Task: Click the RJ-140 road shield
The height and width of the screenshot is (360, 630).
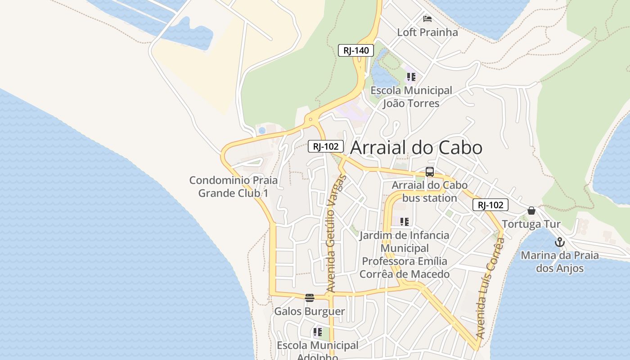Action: (355, 50)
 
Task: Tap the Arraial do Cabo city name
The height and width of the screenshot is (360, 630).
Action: (416, 148)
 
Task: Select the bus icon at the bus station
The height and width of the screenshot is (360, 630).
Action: (429, 171)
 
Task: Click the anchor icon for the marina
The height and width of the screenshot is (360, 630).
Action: (559, 242)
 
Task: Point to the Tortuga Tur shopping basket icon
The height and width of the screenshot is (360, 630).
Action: (531, 211)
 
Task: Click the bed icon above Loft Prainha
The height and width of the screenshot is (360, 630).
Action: (427, 19)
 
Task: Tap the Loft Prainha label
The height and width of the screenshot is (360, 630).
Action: (427, 32)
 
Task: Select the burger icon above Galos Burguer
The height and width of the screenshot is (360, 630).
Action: (309, 297)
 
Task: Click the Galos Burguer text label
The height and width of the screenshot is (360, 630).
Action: (309, 311)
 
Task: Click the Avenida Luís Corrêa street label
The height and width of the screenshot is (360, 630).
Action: (490, 288)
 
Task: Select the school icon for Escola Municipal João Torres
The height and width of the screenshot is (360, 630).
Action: (411, 77)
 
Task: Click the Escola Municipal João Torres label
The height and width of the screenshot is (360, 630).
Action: (411, 97)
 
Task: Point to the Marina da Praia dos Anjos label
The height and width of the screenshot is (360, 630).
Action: (559, 262)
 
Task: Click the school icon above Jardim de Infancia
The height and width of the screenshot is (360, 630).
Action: (404, 221)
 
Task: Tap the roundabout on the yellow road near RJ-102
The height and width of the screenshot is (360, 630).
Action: (310, 120)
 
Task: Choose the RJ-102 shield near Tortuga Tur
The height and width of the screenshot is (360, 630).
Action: (490, 205)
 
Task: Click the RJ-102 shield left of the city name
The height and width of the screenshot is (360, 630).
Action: (326, 146)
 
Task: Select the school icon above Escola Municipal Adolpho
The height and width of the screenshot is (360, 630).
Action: (317, 333)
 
